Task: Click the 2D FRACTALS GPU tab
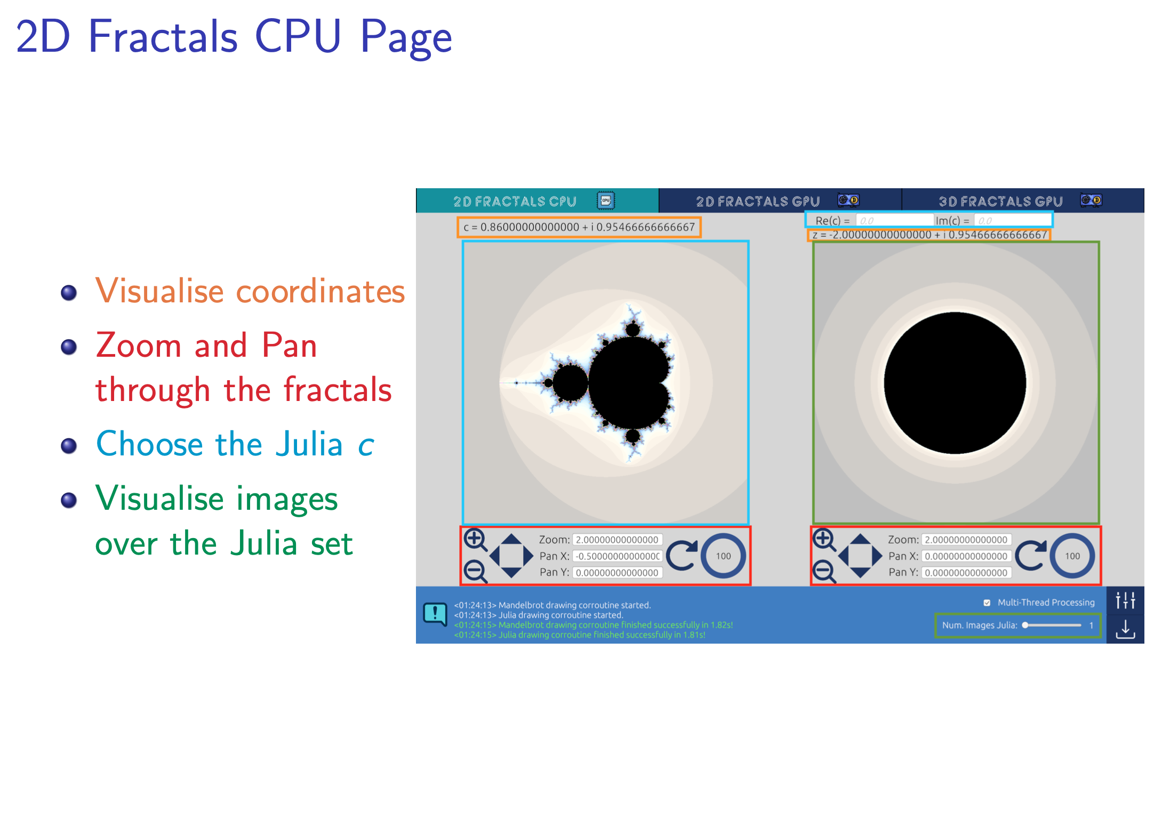(x=780, y=201)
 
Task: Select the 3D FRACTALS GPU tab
(x=1023, y=201)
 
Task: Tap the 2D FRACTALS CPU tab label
(x=515, y=202)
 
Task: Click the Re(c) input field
(x=894, y=220)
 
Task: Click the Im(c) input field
(x=1012, y=220)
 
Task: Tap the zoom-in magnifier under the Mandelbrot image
(x=475, y=540)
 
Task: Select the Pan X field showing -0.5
(x=618, y=556)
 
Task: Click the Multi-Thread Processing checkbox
(x=987, y=603)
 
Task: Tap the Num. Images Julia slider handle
(x=1025, y=625)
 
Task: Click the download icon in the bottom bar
(x=1125, y=629)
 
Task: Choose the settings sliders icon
(x=1125, y=600)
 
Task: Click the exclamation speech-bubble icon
(x=435, y=614)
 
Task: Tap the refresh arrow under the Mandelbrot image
(x=682, y=556)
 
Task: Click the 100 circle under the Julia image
(x=1072, y=556)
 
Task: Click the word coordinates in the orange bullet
(x=320, y=292)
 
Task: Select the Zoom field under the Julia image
(x=966, y=540)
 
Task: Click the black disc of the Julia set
(x=955, y=383)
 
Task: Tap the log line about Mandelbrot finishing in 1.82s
(x=594, y=625)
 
